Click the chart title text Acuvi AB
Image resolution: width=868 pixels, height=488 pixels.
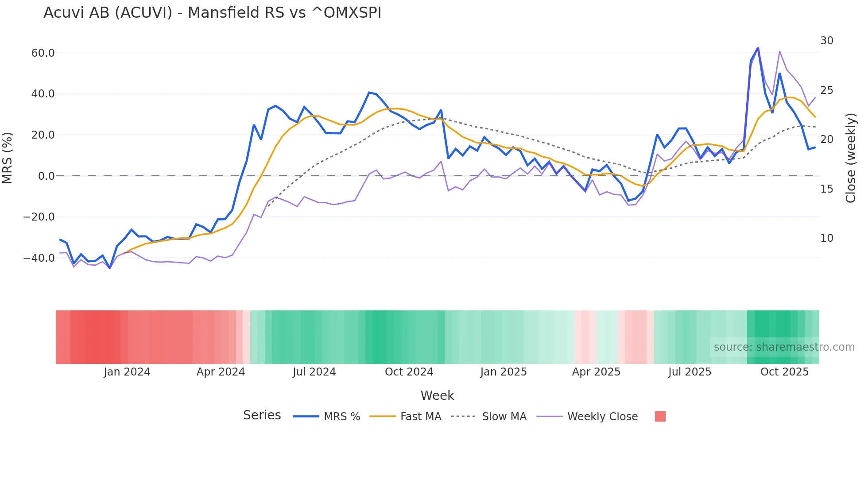[x=212, y=13]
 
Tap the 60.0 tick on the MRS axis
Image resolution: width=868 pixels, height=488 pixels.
[x=43, y=53]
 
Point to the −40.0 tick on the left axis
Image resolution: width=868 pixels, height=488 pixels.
[x=39, y=258]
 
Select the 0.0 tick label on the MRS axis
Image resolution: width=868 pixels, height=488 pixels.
[x=46, y=176]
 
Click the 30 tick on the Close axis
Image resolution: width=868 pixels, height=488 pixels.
[x=826, y=41]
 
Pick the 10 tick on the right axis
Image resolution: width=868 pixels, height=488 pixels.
[x=826, y=238]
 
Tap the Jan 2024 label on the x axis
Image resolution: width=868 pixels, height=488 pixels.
[x=127, y=372]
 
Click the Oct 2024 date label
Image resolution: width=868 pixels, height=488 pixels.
[x=409, y=372]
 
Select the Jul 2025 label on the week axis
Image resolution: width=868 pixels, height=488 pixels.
[x=690, y=372]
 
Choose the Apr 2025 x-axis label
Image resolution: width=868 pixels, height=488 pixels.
[x=596, y=372]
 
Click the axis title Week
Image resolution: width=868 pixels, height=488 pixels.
[x=437, y=395]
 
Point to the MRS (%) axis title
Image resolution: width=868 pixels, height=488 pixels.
[x=8, y=158]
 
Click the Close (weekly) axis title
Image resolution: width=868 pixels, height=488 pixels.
[x=850, y=158]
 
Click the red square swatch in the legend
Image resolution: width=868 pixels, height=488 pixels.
[x=660, y=416]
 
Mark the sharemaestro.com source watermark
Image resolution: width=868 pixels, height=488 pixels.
[x=784, y=347]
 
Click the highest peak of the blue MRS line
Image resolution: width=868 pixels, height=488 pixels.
[x=757, y=48]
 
